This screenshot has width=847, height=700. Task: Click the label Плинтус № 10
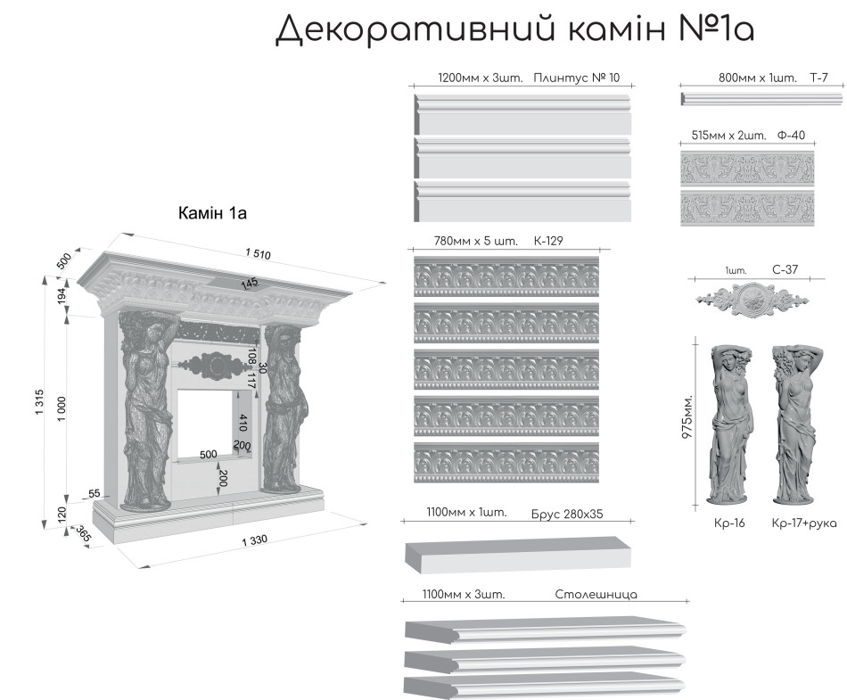coord(576,78)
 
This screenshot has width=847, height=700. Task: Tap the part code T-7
coord(818,78)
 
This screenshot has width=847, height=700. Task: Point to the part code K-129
coord(548,241)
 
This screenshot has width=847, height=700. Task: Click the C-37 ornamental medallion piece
coord(753,298)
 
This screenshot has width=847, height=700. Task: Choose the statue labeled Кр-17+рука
coord(793,424)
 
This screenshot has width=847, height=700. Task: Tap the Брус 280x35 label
coord(566,513)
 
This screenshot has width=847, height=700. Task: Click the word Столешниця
coord(596,594)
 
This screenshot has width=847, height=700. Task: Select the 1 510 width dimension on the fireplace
coord(256,255)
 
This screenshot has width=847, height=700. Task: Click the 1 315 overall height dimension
coord(41,405)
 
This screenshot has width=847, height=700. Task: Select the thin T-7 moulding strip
coord(754,97)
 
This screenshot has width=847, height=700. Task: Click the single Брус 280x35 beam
coord(517,553)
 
